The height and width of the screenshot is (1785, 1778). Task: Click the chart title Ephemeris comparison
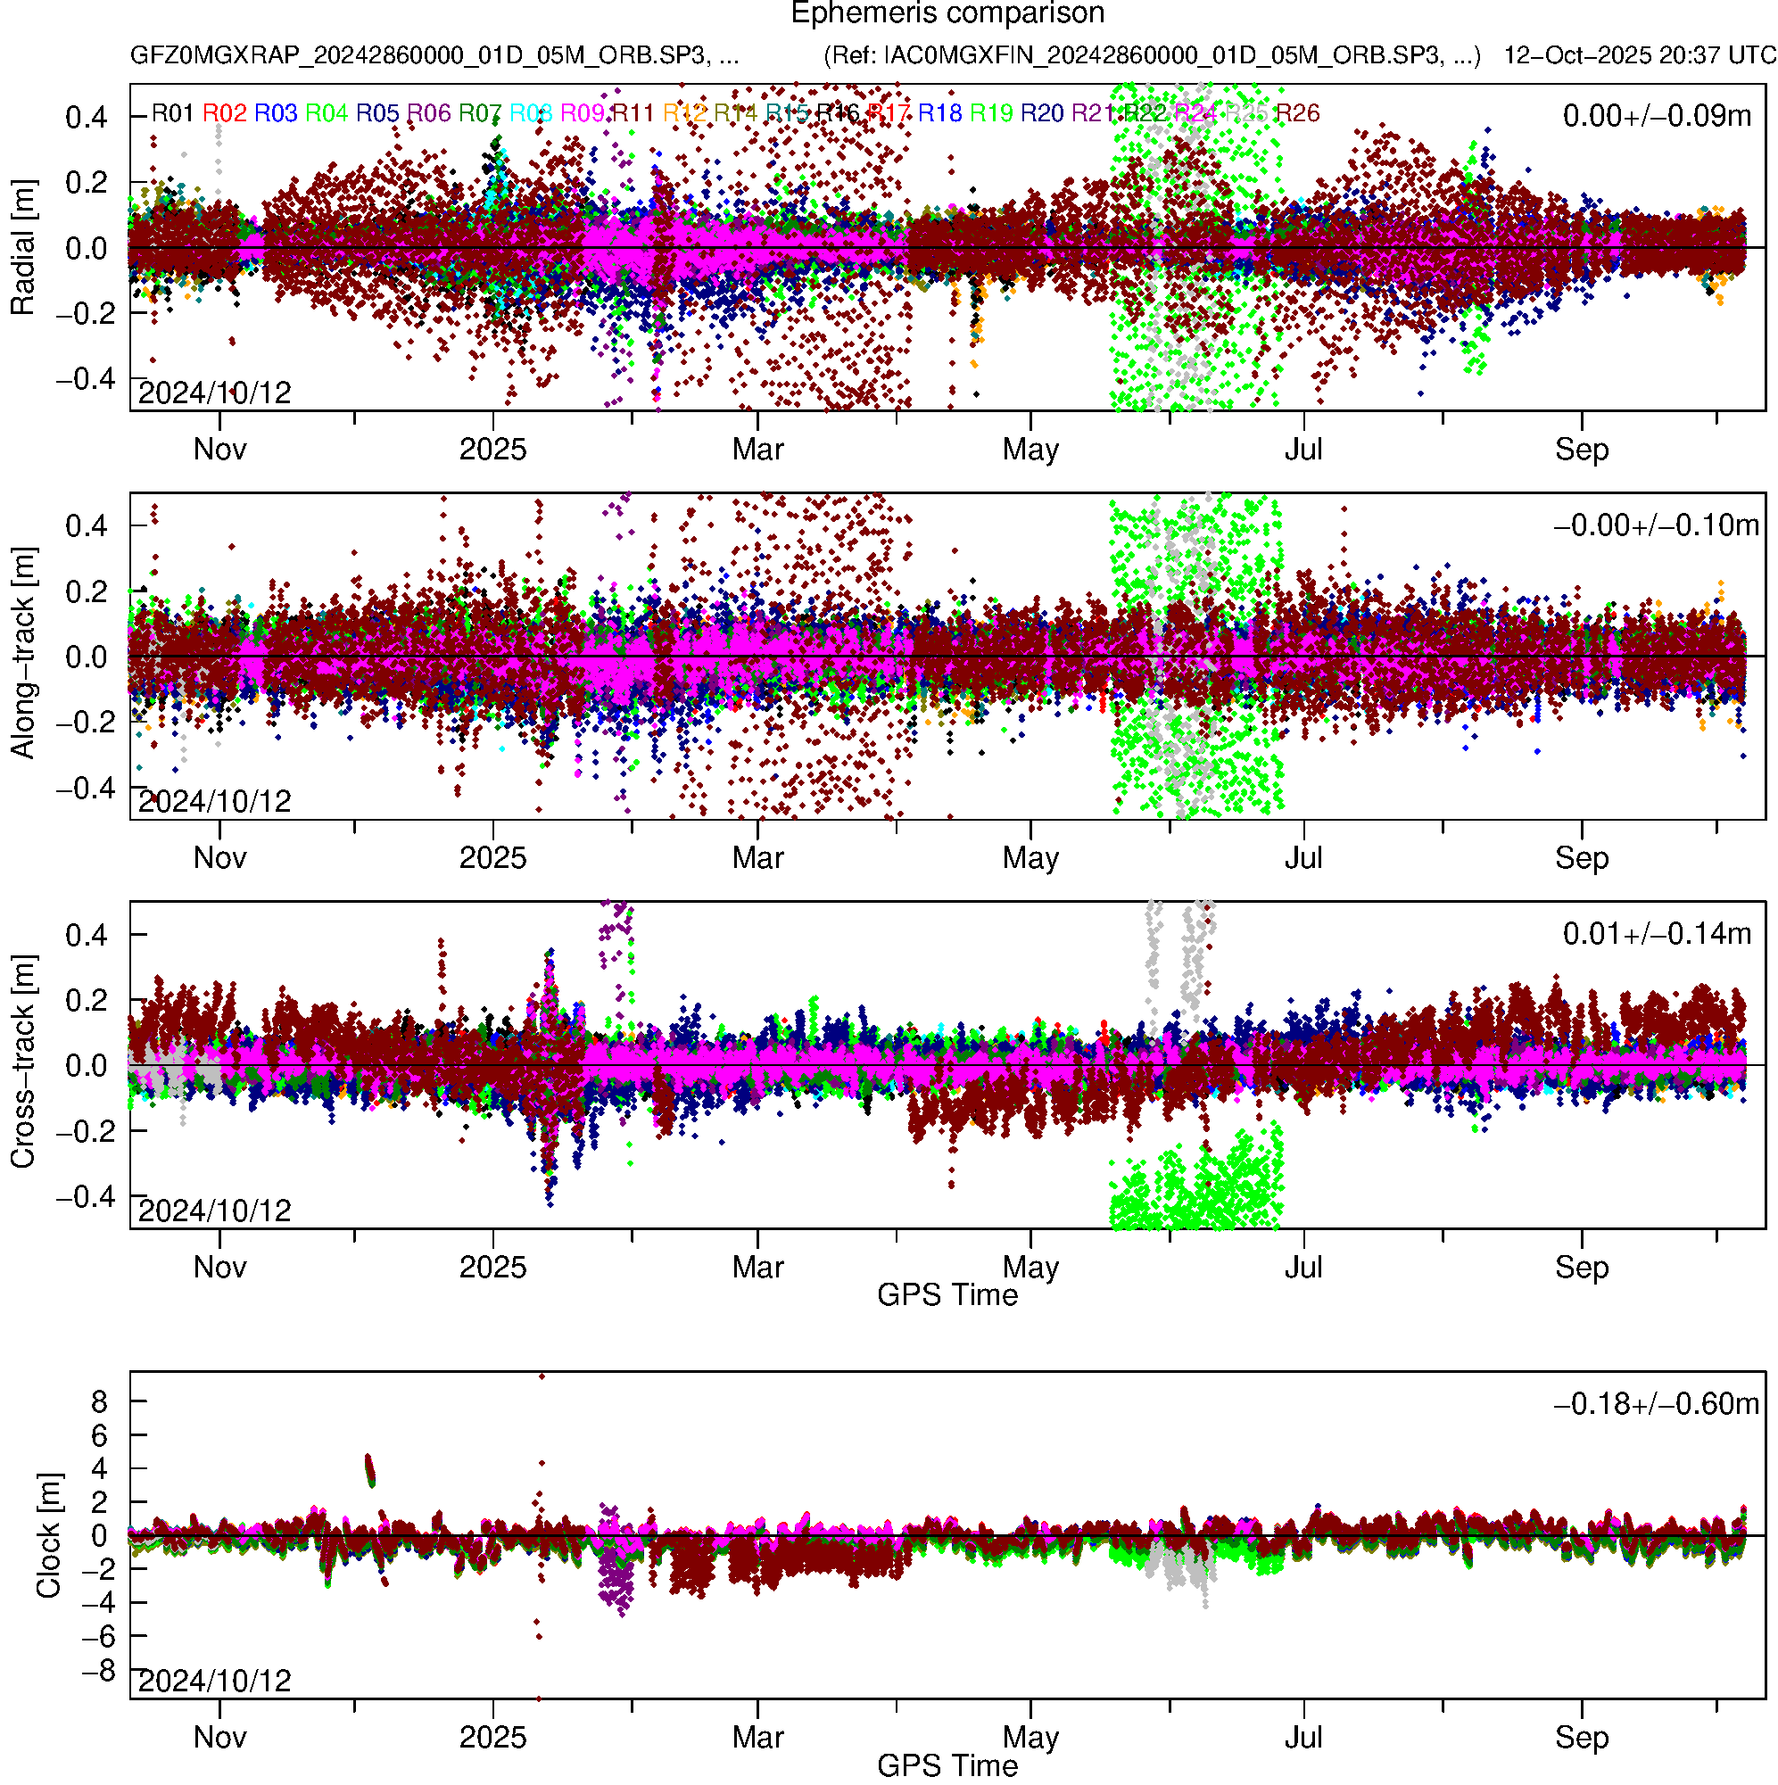pos(947,14)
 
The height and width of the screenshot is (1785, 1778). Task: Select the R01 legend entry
pos(172,113)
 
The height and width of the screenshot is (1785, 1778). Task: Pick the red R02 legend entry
pos(225,113)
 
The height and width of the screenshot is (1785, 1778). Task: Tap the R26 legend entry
pos(1297,113)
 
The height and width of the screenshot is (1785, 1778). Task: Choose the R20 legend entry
pos(1041,113)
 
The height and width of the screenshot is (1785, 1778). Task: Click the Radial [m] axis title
pos(23,248)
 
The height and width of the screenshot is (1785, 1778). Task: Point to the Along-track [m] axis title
pos(23,654)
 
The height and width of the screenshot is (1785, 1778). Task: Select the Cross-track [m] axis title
pos(23,1062)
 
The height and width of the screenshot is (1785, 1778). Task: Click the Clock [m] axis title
pos(48,1535)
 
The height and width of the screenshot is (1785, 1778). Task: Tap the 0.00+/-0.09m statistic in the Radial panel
pos(1656,116)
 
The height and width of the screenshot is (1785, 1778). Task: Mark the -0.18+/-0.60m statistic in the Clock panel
pos(1656,1404)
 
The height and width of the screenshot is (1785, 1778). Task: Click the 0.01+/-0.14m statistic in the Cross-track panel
pos(1656,934)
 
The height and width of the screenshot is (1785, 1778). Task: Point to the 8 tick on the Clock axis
pos(99,1402)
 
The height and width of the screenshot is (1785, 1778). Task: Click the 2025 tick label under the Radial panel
pos(492,450)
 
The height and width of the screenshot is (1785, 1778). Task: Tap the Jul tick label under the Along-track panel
pos(1303,858)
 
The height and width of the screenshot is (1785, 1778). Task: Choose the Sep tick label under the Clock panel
pos(1581,1737)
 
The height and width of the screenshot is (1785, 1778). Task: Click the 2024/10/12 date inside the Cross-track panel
pos(214,1211)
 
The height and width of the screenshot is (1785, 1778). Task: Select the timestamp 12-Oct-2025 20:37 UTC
pos(1640,55)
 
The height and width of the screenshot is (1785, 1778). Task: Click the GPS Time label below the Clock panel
pos(947,1766)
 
